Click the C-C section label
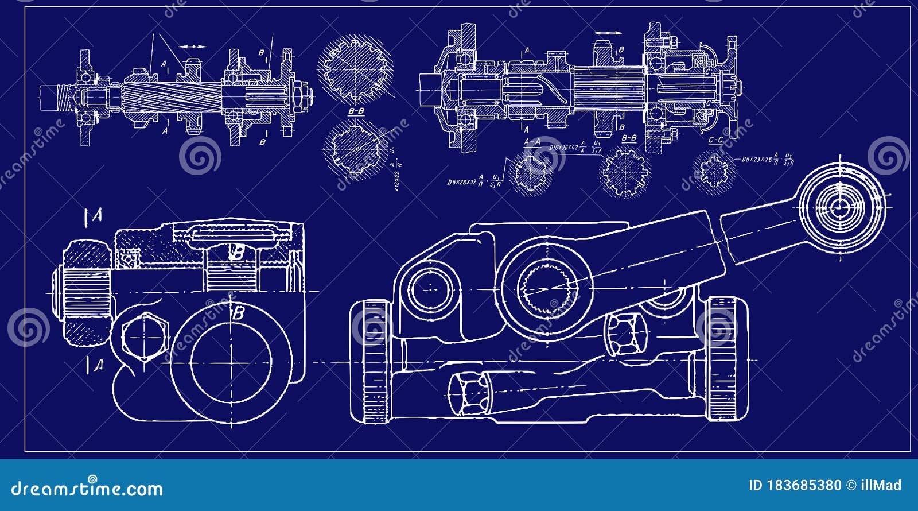point(715,140)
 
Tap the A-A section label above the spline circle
point(532,141)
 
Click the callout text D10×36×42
point(563,148)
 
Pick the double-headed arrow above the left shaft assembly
point(193,46)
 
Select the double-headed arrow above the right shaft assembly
point(608,33)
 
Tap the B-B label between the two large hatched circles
point(356,111)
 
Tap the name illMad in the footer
point(880,486)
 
